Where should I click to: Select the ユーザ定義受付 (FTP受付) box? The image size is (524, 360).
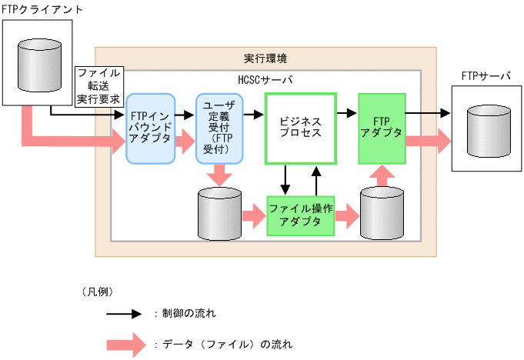pos(219,128)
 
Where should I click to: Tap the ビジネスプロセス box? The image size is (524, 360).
pos(300,128)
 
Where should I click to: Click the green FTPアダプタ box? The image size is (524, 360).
pos(381,128)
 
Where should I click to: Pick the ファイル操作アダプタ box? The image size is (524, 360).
pos(300,216)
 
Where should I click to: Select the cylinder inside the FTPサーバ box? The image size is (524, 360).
pos(489,128)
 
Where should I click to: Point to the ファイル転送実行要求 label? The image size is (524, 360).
pos(98,85)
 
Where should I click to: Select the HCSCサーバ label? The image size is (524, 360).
pos(265,79)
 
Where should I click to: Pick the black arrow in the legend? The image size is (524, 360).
pos(122,314)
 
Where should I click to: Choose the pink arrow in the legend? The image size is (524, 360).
pos(123,344)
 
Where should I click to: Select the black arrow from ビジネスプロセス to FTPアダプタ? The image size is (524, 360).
pos(347,114)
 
